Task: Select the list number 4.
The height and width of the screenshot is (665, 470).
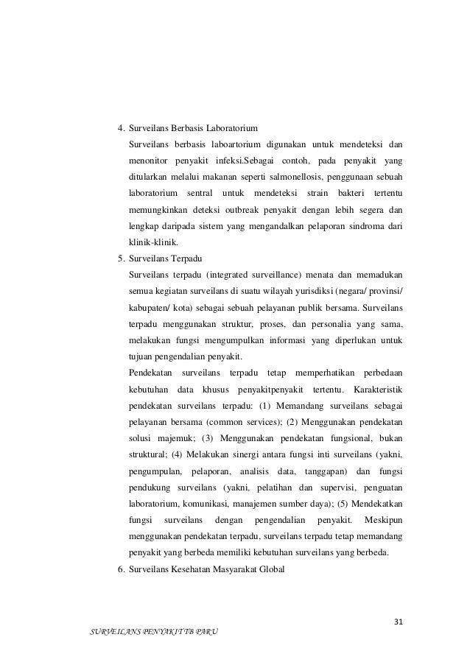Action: coord(121,123)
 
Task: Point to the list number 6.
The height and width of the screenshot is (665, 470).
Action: coord(121,570)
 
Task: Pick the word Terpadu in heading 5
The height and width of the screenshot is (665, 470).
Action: coord(191,258)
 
